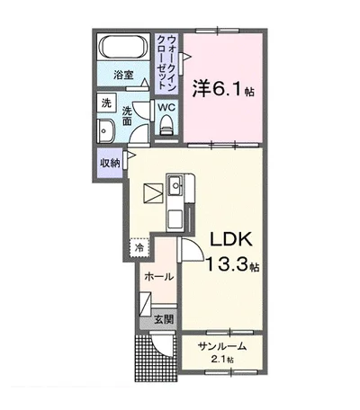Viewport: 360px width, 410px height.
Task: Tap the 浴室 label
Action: coord(123,76)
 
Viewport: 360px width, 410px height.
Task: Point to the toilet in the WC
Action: coord(166,129)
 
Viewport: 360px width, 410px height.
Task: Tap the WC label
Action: coord(166,107)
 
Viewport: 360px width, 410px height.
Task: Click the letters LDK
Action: coord(236,240)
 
